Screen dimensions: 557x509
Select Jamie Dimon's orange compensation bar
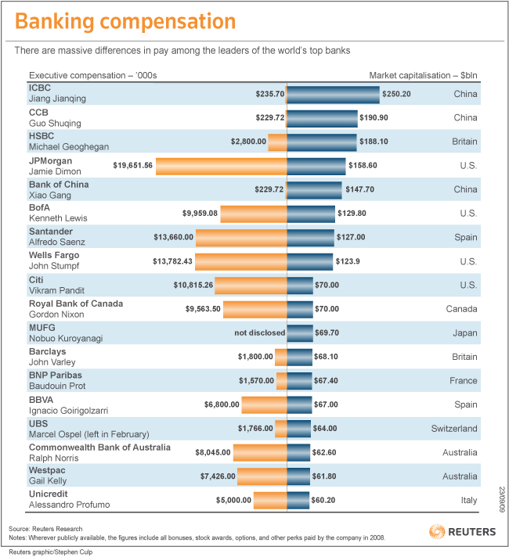(x=222, y=166)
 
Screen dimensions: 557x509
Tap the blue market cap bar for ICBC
(x=333, y=94)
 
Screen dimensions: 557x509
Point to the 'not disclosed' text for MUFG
(x=260, y=332)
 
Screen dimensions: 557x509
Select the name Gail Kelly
(x=49, y=482)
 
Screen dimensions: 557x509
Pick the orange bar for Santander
(x=241, y=237)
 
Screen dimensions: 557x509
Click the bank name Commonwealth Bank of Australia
(x=99, y=447)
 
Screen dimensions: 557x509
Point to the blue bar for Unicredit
(x=299, y=500)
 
